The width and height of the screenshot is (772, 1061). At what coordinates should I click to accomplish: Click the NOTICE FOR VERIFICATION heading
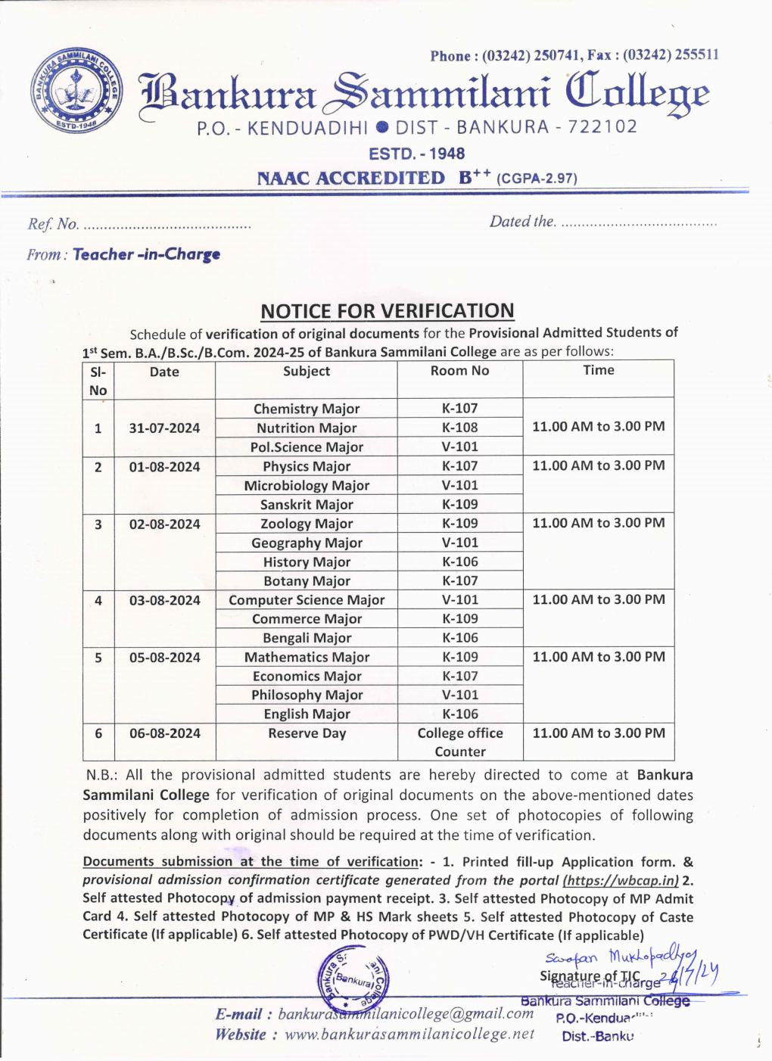[387, 311]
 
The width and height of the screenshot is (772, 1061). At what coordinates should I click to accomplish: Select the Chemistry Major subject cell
[307, 409]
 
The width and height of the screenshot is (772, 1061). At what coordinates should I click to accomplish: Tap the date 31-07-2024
[164, 428]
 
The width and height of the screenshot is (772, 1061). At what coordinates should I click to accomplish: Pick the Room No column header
[459, 371]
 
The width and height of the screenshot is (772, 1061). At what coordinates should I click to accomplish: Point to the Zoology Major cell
[307, 524]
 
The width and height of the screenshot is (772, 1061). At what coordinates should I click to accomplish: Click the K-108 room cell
[459, 428]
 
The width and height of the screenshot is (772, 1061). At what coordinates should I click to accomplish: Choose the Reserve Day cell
[307, 733]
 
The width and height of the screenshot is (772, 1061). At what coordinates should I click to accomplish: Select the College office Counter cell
[459, 742]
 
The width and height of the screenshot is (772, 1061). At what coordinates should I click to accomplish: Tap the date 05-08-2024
[164, 658]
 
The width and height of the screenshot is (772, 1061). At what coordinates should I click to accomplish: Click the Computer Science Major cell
[307, 600]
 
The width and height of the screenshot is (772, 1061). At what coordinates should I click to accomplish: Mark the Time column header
[598, 370]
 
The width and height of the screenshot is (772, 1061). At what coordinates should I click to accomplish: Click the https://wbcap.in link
[621, 880]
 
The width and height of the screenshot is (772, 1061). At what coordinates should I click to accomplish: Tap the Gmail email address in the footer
[406, 1014]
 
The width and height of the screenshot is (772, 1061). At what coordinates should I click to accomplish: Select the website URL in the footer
[409, 1035]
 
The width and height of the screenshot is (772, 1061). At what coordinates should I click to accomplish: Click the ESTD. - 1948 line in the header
[416, 154]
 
